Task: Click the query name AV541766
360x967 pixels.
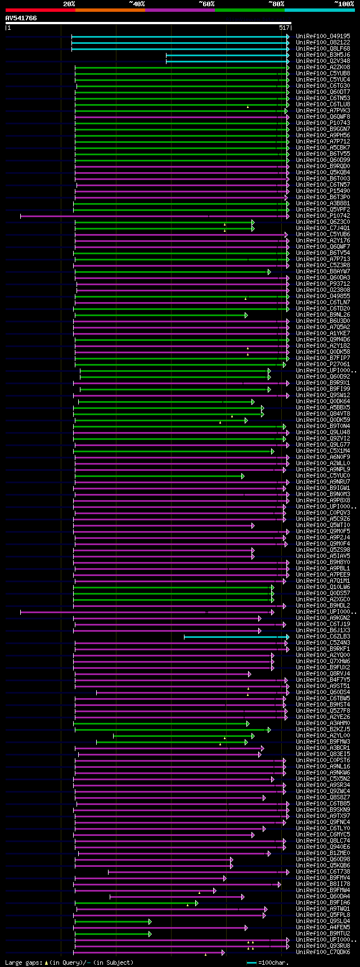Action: click(21, 19)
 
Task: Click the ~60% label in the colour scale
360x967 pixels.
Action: click(206, 4)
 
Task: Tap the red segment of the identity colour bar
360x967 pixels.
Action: click(40, 10)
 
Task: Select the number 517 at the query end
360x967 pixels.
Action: click(283, 28)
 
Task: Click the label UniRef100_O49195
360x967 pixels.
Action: click(323, 37)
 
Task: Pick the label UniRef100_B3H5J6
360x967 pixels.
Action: click(323, 55)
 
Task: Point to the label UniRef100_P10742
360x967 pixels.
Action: click(323, 216)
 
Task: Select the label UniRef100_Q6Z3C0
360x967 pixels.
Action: click(323, 222)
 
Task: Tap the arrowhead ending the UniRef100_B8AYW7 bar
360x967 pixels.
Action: click(269, 272)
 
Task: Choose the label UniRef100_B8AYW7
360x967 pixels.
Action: click(323, 272)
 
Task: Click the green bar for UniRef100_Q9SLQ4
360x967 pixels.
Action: click(112, 921)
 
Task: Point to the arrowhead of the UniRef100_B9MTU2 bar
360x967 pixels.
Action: click(150, 934)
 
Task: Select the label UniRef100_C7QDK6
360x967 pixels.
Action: click(323, 952)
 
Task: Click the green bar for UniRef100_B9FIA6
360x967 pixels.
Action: click(135, 903)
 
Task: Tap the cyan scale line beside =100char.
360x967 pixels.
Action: click(251, 962)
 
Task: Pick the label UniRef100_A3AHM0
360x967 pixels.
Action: click(323, 723)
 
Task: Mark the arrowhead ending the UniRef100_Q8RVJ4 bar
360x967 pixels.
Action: click(250, 674)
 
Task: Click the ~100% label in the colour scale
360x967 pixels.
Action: click(344, 4)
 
